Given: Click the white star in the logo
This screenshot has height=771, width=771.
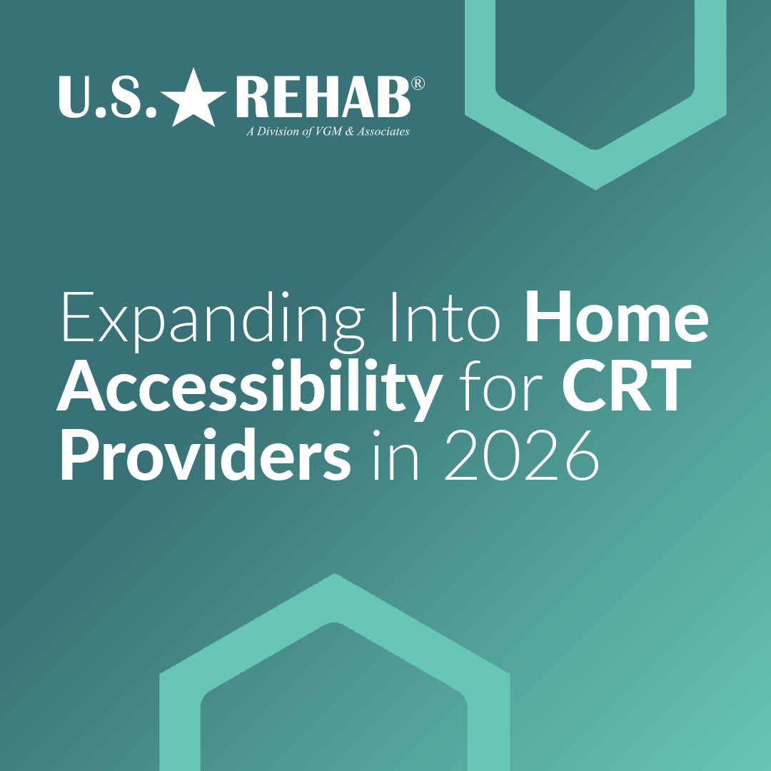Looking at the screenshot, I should coord(193,98).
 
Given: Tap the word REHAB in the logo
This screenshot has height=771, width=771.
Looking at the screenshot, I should coord(323,98).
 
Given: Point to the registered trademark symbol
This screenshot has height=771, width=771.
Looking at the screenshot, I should coord(419,84).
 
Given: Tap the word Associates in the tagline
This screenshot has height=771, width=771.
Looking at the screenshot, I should coord(386,131).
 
